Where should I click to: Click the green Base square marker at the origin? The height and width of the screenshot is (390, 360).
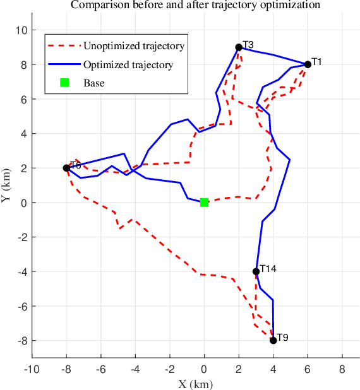point(204,202)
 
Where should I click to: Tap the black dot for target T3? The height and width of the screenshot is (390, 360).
point(239,47)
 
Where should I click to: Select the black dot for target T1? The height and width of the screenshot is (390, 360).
point(308,64)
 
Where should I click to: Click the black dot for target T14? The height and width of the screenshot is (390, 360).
point(256,271)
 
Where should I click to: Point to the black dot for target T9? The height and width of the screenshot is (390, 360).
point(273,340)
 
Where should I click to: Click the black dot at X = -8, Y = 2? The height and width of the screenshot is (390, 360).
point(66,168)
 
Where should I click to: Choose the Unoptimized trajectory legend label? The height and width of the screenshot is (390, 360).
point(134,46)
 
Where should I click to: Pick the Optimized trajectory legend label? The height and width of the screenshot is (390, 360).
point(128,64)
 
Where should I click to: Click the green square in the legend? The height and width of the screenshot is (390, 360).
point(64,83)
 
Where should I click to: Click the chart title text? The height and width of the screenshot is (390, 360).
point(195,5)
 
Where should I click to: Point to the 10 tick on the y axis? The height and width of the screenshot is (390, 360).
point(21,30)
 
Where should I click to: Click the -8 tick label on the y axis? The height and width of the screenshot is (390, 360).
point(21,340)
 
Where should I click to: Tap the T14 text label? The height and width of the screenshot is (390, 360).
point(268,269)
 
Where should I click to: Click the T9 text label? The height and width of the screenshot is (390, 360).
point(282,338)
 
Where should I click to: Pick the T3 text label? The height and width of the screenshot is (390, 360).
point(248,45)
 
